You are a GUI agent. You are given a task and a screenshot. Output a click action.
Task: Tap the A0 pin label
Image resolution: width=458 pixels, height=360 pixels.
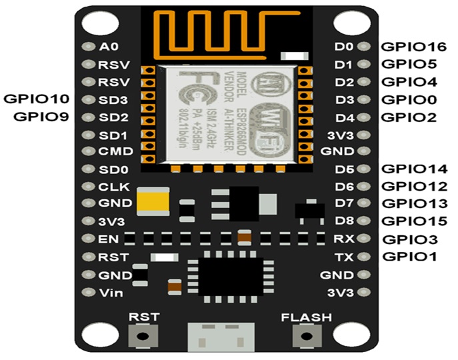tap(108, 47)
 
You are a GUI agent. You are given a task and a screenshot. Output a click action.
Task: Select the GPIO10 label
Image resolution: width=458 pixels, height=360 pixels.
tap(37, 99)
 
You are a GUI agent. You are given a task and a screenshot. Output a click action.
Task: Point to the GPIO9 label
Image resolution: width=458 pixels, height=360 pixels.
tap(42, 117)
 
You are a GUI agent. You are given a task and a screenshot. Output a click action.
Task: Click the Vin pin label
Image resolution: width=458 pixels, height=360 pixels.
tap(109, 292)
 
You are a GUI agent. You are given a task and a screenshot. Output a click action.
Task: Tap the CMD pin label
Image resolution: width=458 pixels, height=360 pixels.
tap(115, 151)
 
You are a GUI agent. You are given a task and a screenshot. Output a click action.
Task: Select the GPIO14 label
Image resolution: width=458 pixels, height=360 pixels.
tap(409, 169)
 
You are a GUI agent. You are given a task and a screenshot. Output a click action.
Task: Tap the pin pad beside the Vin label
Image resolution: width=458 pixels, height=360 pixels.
tap(87, 292)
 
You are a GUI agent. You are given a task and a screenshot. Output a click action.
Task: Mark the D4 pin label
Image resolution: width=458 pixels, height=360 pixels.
tap(344, 117)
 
